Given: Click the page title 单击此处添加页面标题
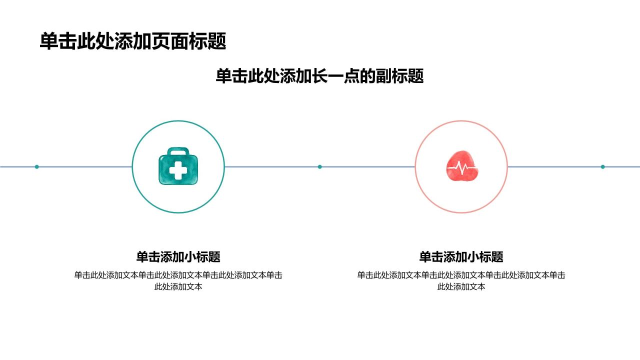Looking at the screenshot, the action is pos(133,41).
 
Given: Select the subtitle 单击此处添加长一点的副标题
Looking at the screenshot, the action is pos(319,76).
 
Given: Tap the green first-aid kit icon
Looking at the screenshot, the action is pos(178,166).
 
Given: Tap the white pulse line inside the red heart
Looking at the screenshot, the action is pos(461,167).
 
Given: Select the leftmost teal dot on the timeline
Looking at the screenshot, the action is pos(36,166).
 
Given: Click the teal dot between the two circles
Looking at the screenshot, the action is pos(319,166).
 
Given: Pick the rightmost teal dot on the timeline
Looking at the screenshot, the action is pos(603,166).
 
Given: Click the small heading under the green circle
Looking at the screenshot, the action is pos(178,256).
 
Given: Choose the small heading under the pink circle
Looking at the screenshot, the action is pos(461,256).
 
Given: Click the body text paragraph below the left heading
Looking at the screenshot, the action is pos(178,280).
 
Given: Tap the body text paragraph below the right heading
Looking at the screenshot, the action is pos(461,280).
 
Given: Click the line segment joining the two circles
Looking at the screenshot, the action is pos(319,166).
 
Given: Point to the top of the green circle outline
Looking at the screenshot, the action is pos(178,121).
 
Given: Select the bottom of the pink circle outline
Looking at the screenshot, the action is pos(461,212).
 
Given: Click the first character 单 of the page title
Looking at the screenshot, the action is pos(49,41).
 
